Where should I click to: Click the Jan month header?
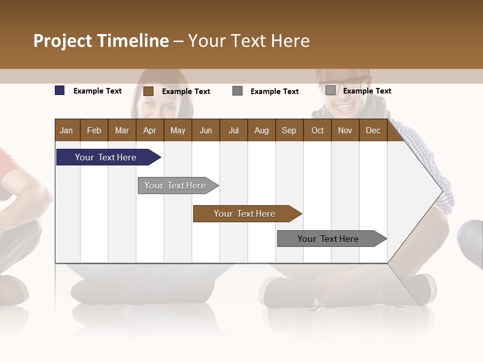click(66, 130)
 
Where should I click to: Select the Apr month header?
click(149, 130)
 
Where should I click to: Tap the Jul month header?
click(233, 130)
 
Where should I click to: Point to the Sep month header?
click(289, 130)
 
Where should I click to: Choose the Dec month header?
click(373, 130)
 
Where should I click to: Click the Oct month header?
click(317, 130)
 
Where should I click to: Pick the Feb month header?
click(94, 130)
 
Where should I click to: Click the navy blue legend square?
click(60, 90)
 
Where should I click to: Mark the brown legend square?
click(148, 91)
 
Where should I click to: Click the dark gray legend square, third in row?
click(237, 91)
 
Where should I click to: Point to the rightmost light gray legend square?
click(331, 90)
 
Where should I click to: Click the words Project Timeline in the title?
click(101, 41)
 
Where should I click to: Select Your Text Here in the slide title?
click(249, 41)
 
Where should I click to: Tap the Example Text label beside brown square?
click(186, 92)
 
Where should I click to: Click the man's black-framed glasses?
click(342, 83)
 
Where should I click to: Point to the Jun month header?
click(206, 130)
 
